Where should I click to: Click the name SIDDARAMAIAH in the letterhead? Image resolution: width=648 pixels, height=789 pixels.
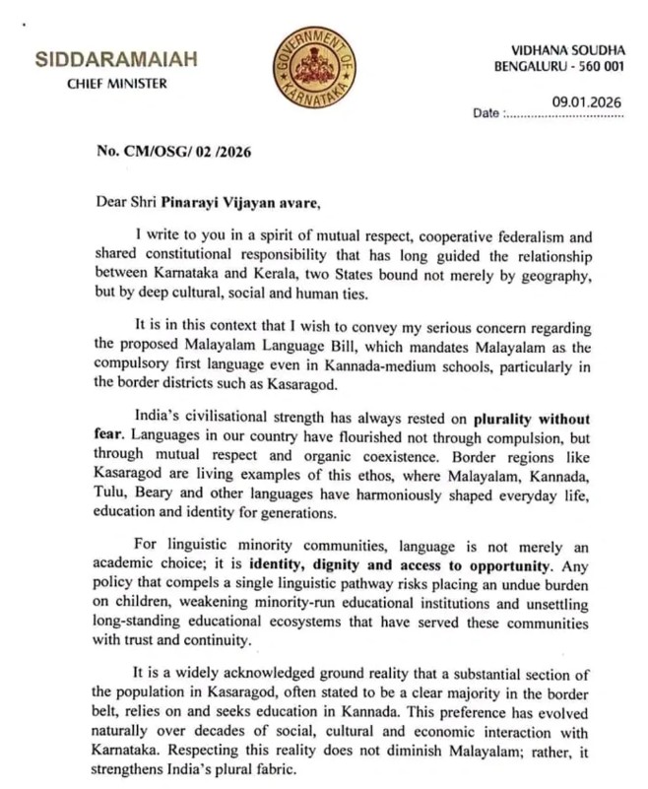tap(116, 59)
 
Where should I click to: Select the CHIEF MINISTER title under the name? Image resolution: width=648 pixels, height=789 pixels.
tap(116, 83)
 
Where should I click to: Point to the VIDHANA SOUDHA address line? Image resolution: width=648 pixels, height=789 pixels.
tap(568, 48)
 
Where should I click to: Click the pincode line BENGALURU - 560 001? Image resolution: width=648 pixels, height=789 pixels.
tap(559, 66)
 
